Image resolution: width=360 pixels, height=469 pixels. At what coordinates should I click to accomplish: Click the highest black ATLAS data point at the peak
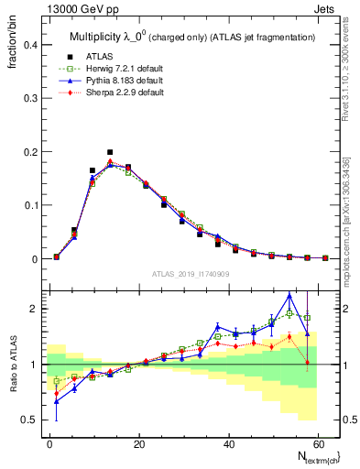110,152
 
